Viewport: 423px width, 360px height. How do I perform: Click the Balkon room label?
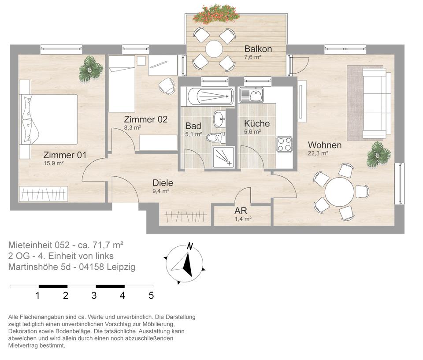[x=258, y=49]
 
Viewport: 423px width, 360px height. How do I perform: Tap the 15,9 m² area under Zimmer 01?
[x=53, y=163]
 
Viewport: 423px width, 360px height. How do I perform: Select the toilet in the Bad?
[x=216, y=138]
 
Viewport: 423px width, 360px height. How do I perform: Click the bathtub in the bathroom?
[x=210, y=96]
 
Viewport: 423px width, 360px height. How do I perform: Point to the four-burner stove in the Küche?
[x=285, y=145]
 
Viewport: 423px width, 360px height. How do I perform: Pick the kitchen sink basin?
[x=255, y=95]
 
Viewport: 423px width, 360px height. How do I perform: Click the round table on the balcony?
[x=214, y=49]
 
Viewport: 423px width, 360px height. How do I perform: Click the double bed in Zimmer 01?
[x=48, y=119]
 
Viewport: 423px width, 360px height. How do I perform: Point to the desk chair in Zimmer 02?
[x=167, y=86]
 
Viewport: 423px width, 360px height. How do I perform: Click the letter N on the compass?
[x=190, y=247]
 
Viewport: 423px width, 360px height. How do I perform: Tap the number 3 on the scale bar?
[x=94, y=296]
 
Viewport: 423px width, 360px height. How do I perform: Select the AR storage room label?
[x=241, y=211]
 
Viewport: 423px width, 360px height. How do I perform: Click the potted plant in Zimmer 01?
[x=90, y=69]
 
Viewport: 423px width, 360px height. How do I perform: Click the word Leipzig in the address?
[x=121, y=267]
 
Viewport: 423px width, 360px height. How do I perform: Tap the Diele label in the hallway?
[x=163, y=183]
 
